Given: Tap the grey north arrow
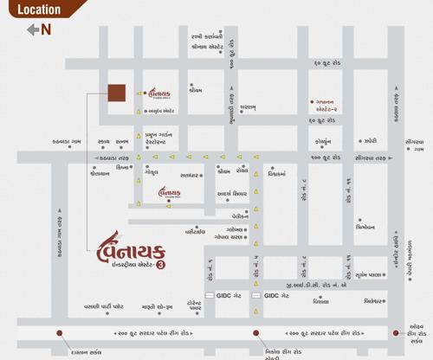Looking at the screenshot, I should pyautogui.click(x=34, y=29).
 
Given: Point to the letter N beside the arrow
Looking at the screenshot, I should pyautogui.click(x=46, y=29).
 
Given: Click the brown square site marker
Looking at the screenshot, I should pyautogui.click(x=116, y=93).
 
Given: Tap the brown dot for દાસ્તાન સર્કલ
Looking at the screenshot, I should pyautogui.click(x=59, y=332).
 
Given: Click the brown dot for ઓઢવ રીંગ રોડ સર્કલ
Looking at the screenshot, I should pyautogui.click(x=397, y=332).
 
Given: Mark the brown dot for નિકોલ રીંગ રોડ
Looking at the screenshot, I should pyautogui.click(x=255, y=332).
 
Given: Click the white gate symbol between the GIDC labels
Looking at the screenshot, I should pyautogui.click(x=256, y=296).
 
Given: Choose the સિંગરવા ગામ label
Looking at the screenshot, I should pyautogui.click(x=414, y=145).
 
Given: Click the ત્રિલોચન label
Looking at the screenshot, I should pyautogui.click(x=365, y=227).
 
